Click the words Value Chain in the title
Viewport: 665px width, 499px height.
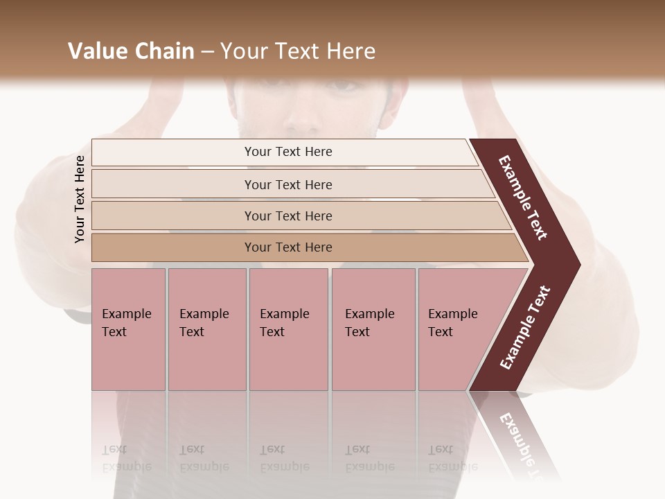click(131, 51)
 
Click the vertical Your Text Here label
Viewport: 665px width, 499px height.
click(80, 199)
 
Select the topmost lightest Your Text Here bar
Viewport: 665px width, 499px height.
click(288, 152)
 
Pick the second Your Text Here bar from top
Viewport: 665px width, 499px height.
click(288, 184)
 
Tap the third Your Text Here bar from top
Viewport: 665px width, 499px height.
click(288, 216)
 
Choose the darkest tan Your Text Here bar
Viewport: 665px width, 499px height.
click(288, 247)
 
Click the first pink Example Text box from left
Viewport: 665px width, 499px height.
click(128, 329)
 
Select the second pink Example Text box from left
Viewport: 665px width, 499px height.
click(206, 329)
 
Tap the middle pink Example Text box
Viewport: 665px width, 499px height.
click(288, 329)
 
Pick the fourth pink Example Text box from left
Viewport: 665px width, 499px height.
click(373, 329)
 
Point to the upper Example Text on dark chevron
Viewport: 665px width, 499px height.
click(523, 198)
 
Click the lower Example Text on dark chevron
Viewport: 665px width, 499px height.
click(524, 328)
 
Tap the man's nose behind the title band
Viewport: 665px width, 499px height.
click(305, 118)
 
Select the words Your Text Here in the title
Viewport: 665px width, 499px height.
click(298, 51)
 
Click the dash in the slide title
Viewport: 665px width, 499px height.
click(207, 52)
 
